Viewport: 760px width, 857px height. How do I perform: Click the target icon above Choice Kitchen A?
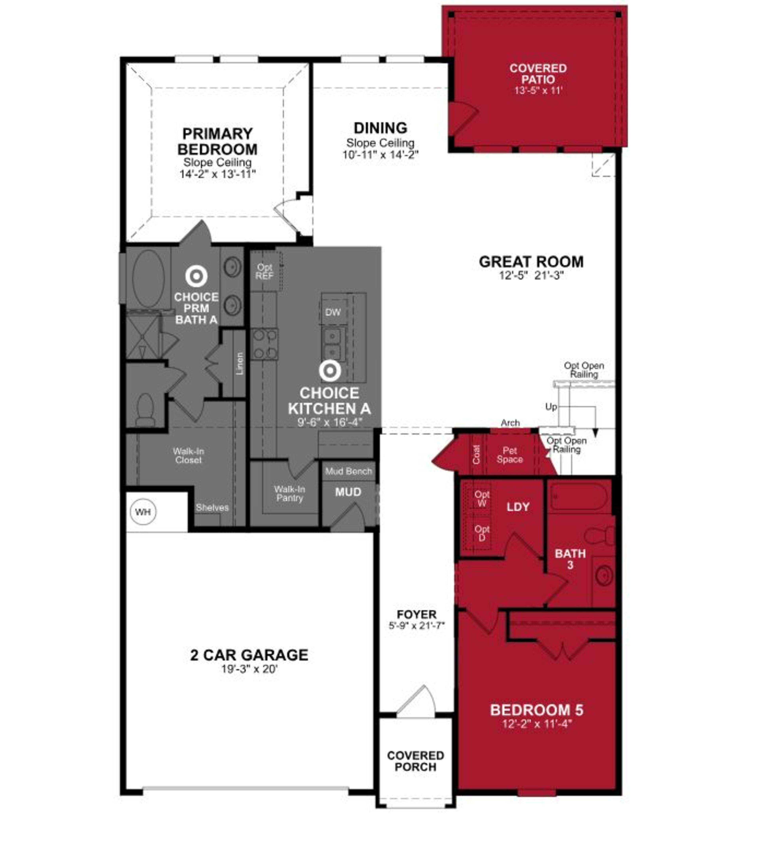click(330, 371)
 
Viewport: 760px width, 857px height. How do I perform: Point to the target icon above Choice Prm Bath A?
click(196, 275)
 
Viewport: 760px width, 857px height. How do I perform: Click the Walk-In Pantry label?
click(289, 494)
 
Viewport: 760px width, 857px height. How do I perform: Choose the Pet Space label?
click(510, 455)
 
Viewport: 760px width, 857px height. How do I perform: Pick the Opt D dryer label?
click(482, 533)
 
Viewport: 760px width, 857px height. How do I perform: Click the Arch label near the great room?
click(510, 423)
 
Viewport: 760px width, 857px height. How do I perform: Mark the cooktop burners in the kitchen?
click(264, 344)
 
